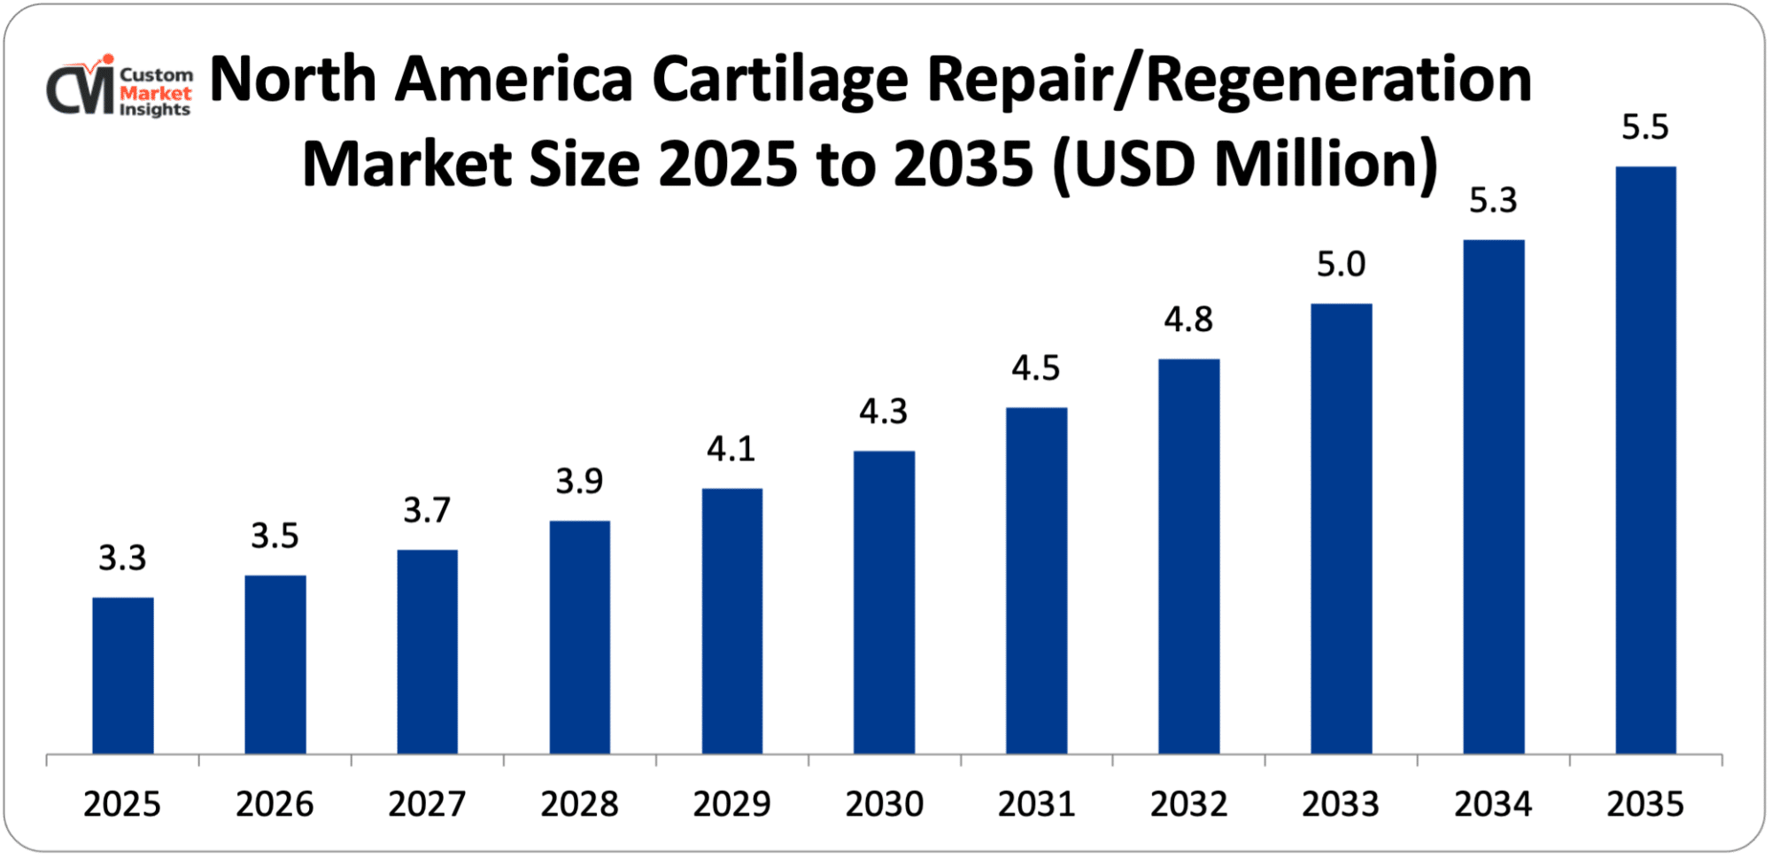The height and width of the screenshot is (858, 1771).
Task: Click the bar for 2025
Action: point(123,676)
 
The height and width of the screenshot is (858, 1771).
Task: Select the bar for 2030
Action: point(884,602)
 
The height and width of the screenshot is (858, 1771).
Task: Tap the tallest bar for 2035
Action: point(1645,460)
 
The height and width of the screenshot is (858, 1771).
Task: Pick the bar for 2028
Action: point(579,638)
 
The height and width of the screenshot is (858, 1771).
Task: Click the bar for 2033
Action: point(1341,529)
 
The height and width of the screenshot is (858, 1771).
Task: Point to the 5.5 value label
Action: point(1644,128)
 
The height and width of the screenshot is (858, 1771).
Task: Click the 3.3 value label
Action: point(122,558)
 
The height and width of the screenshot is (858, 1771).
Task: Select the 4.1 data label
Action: point(731,449)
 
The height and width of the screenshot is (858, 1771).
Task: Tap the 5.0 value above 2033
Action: point(1341,265)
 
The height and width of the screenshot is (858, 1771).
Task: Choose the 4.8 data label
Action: point(1187,320)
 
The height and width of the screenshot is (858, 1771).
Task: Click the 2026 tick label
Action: point(275,804)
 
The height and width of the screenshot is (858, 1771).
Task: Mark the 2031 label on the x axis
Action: point(1036,804)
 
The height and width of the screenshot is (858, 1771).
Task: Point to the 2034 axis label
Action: point(1493,804)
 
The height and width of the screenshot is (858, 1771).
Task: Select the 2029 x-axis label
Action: point(731,804)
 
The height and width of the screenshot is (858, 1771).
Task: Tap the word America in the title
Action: point(514,80)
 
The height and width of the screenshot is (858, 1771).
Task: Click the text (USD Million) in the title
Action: point(1245,165)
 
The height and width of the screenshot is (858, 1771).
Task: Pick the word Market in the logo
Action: point(156,93)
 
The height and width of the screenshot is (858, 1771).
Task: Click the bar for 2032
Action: point(1188,556)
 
